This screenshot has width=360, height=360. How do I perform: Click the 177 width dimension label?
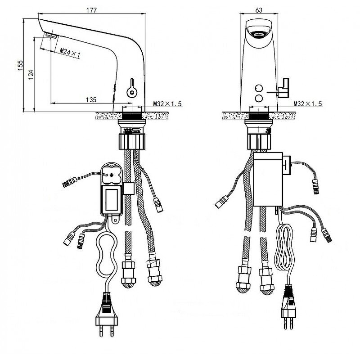[92, 10]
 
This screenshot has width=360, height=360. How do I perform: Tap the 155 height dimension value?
[20, 65]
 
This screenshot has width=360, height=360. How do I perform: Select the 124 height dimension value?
[31, 75]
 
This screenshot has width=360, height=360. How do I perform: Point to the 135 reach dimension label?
[91, 99]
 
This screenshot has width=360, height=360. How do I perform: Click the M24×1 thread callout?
[70, 53]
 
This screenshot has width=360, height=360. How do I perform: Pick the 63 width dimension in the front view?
[259, 10]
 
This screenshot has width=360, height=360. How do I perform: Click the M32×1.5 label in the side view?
[167, 104]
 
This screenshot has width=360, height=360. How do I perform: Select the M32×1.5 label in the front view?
[308, 104]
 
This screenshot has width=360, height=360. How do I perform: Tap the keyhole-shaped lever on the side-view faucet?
[132, 89]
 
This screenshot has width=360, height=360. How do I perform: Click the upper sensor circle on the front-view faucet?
[259, 88]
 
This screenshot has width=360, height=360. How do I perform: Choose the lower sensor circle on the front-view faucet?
[259, 98]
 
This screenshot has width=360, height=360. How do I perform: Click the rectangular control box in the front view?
[268, 179]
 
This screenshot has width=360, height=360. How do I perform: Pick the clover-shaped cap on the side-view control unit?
[111, 174]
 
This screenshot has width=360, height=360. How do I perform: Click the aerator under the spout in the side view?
[51, 36]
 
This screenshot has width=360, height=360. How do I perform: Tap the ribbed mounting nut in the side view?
[132, 142]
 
